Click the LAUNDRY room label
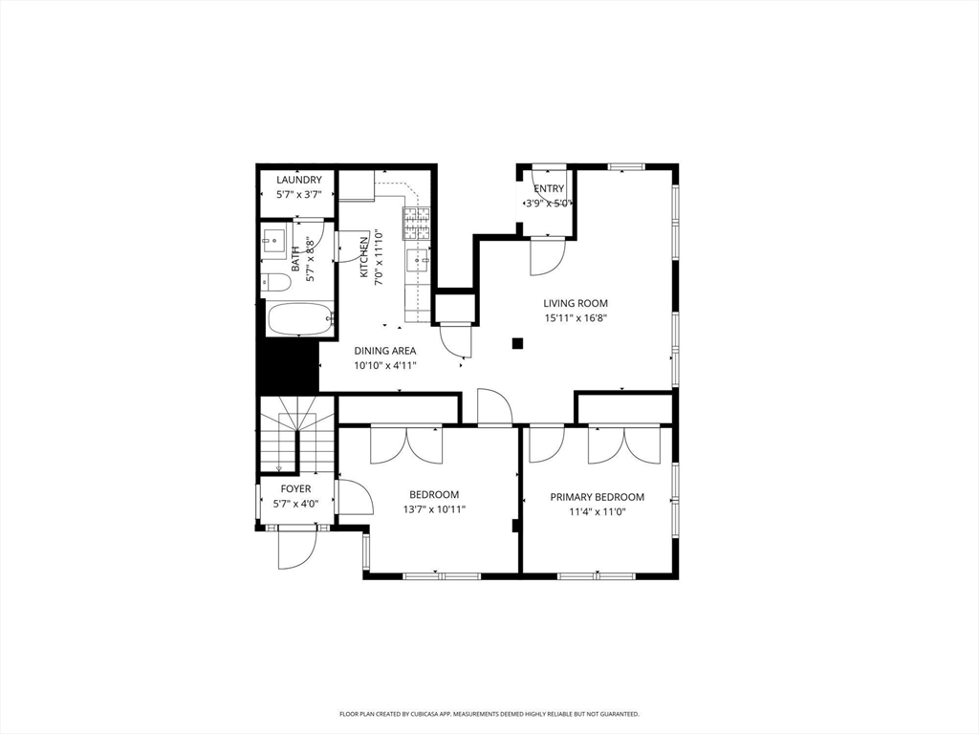[298, 180]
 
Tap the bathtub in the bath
[299, 319]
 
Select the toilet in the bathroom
[275, 283]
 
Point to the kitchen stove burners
[416, 223]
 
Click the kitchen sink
[418, 259]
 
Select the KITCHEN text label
[364, 257]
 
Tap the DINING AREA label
[384, 351]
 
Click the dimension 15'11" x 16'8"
[576, 318]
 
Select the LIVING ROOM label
[576, 304]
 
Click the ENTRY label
[549, 188]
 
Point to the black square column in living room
[517, 343]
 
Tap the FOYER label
[295, 489]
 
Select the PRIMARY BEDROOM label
[597, 497]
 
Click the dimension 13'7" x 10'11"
[434, 509]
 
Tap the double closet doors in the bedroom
[407, 444]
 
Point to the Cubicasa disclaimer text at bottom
[489, 714]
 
